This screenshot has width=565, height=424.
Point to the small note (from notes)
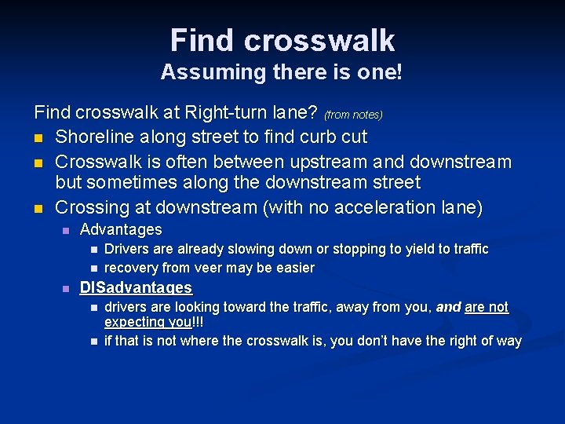(353, 115)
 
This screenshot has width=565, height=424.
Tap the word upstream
(334, 162)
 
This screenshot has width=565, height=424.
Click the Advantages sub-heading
(121, 230)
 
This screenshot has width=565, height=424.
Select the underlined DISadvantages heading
(136, 288)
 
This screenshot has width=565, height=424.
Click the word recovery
(132, 268)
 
